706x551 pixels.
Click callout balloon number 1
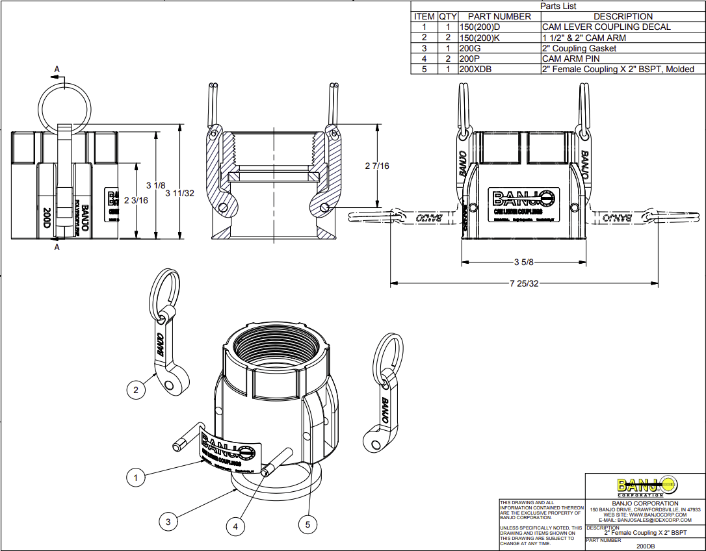[x=135, y=478]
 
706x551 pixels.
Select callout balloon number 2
[x=135, y=390]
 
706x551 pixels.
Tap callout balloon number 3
[x=168, y=521]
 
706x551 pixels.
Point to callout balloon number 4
[x=236, y=526]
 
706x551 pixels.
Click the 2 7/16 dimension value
[x=377, y=166]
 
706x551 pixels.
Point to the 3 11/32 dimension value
[x=180, y=193]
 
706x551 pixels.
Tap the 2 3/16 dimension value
[x=136, y=200]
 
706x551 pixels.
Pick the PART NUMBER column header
[x=499, y=16]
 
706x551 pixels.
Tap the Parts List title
[x=558, y=6]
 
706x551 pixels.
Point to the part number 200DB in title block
[x=645, y=546]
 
